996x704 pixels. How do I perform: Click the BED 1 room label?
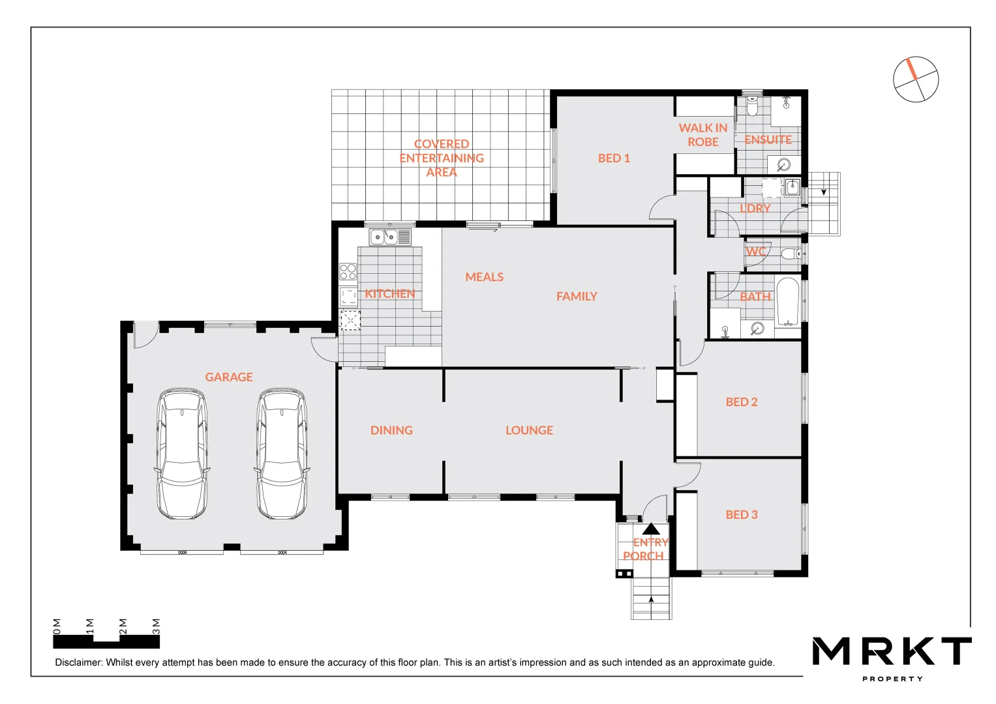[x=614, y=158]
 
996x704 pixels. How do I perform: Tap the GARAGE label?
[x=228, y=377]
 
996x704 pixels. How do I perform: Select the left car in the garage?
[x=182, y=454]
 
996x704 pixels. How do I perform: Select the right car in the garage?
[x=282, y=454]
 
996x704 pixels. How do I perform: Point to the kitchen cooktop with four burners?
[x=348, y=272]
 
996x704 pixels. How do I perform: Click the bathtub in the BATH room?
[x=787, y=302]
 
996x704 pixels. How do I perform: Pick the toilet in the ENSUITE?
[x=752, y=108]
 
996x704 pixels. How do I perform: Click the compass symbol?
[x=916, y=80]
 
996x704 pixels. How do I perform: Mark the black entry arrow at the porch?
[x=651, y=529]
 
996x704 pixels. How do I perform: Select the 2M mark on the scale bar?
[x=123, y=626]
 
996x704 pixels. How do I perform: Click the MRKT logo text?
[x=892, y=651]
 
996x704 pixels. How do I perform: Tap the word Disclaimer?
[x=78, y=663]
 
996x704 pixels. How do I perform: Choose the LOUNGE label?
[x=529, y=431]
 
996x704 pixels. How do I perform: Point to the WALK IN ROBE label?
[x=702, y=135]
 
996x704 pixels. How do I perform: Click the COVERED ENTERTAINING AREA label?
[x=442, y=158]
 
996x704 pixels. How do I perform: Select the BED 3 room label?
[x=742, y=515]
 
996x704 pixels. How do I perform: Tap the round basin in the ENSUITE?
[x=783, y=164]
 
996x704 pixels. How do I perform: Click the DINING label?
[x=391, y=431]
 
